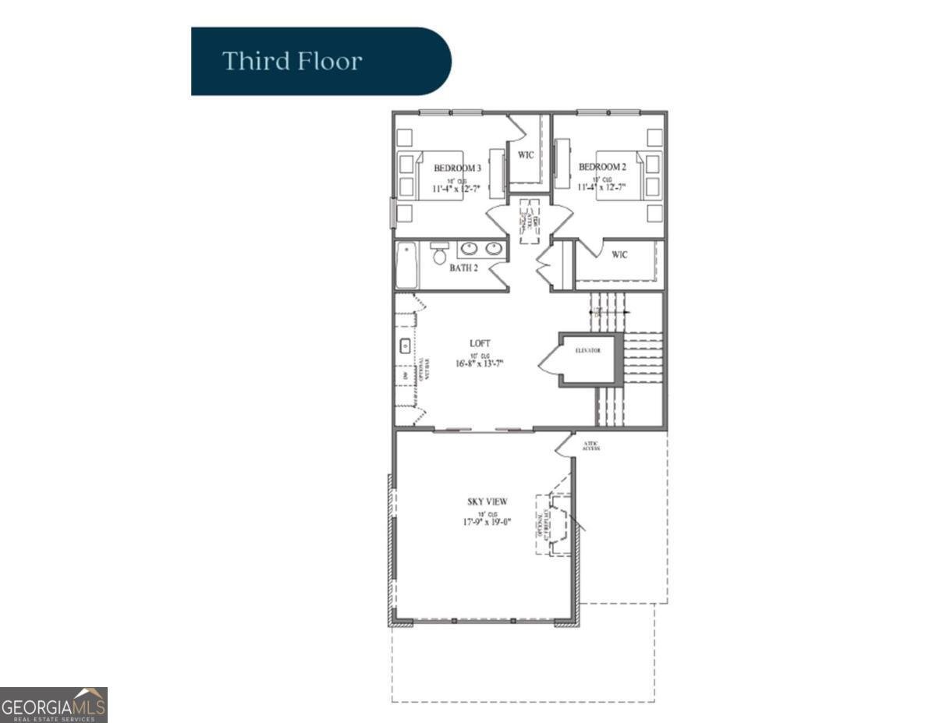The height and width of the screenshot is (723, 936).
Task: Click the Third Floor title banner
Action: (321, 61)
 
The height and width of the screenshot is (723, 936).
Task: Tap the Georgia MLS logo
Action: (53, 704)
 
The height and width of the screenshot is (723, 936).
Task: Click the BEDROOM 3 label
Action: (457, 168)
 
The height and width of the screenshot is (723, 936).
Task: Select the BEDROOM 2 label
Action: (601, 167)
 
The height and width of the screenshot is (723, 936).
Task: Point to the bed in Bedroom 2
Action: (621, 175)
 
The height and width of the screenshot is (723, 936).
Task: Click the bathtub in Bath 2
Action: (406, 265)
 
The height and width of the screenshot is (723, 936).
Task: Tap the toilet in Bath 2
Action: (440, 253)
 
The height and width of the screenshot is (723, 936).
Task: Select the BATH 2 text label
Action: (464, 268)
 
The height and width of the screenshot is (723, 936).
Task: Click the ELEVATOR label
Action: (589, 351)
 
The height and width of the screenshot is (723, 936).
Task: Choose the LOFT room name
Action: (480, 343)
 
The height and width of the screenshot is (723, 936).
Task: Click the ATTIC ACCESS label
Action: (590, 445)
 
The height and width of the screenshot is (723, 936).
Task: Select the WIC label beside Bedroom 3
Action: (526, 155)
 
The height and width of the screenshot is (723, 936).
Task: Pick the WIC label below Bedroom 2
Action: (619, 254)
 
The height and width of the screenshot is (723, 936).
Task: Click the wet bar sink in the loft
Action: (406, 346)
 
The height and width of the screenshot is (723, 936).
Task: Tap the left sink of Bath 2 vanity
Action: (470, 249)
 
